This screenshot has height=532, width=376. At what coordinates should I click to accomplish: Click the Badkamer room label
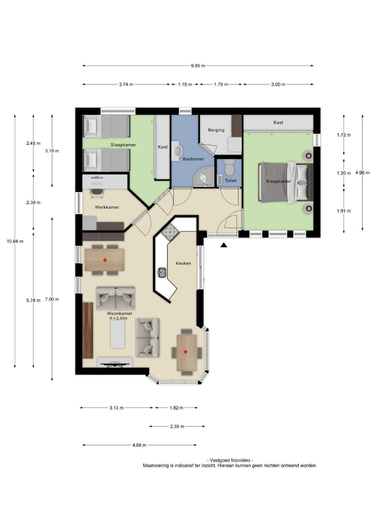(x=194, y=159)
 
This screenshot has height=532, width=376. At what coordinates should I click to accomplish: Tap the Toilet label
(x=231, y=180)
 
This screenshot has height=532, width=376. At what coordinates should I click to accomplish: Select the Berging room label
(x=216, y=130)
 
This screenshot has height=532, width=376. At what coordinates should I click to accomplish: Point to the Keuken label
(x=183, y=263)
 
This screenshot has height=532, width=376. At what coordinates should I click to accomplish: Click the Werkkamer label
(x=107, y=207)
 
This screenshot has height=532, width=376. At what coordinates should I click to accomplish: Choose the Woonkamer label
(x=119, y=313)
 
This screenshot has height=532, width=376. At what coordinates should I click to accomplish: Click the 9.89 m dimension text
(x=198, y=66)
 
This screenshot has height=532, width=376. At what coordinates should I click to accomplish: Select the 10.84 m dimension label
(x=15, y=241)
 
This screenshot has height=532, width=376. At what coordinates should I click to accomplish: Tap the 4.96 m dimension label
(x=362, y=173)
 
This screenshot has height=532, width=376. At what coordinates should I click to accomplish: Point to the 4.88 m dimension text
(x=139, y=445)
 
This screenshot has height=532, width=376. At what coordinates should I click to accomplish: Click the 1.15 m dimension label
(x=185, y=85)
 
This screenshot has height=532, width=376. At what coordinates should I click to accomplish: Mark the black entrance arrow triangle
(x=224, y=245)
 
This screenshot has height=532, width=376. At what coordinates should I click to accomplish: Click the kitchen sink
(x=162, y=272)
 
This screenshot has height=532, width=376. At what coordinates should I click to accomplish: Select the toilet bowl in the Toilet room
(x=230, y=167)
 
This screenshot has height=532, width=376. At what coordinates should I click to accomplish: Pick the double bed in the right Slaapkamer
(x=286, y=182)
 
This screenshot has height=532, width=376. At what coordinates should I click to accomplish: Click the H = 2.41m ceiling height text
(x=118, y=318)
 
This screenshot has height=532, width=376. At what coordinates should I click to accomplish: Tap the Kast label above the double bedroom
(x=278, y=123)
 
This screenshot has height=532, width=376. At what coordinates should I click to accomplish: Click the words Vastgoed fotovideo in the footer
(x=230, y=461)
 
